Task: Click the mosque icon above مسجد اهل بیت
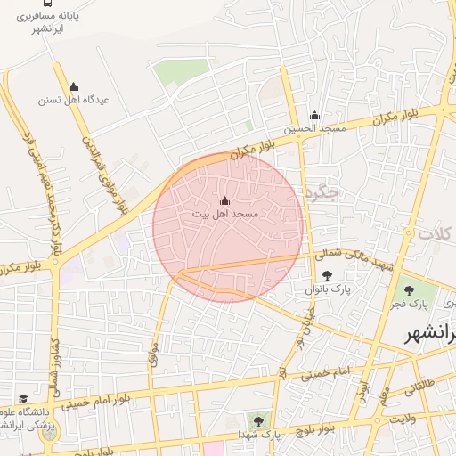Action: coord(224,200)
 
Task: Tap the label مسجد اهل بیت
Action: coord(224,215)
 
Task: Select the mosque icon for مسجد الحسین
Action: coord(313,116)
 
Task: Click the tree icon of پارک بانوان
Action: coord(328,275)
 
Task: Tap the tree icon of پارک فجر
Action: coord(409,289)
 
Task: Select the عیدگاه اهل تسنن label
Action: coord(73,100)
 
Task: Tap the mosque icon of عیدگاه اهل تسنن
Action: coord(73,86)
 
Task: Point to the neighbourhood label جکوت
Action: coord(322,191)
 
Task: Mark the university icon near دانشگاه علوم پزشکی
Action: coord(22,398)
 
